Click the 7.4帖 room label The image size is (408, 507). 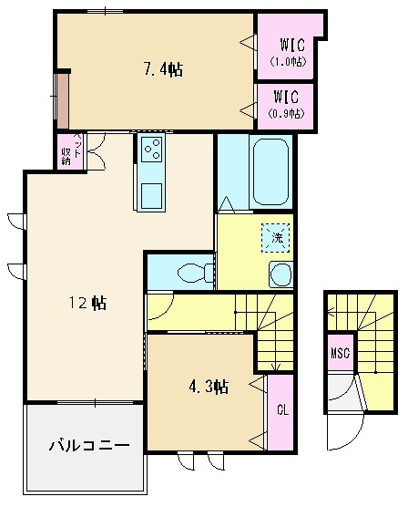[163, 69]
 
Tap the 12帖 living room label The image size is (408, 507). [87, 304]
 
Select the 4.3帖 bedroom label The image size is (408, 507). [209, 387]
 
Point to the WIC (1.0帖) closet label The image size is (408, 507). [289, 52]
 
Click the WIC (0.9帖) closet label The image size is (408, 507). [286, 104]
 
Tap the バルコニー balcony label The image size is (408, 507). [89, 445]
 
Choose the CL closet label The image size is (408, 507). [282, 410]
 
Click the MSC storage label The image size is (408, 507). [341, 353]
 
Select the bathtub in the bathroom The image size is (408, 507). [270, 172]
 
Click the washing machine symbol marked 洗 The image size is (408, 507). [276, 238]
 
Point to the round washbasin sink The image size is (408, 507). [280, 274]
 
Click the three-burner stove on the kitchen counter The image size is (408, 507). [152, 149]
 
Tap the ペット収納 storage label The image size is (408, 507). [71, 150]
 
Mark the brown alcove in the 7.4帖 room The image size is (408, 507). [63, 101]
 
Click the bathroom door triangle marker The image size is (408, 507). [227, 203]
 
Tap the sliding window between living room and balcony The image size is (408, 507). [96, 402]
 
